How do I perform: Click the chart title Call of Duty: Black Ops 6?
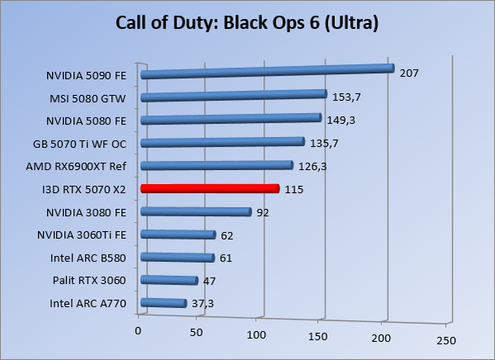[247, 23]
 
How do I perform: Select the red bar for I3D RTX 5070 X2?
[210, 189]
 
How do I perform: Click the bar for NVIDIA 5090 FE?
[266, 71]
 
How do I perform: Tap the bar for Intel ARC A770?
[163, 304]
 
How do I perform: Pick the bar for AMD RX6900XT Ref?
[216, 166]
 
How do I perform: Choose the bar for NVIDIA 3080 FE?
[196, 212]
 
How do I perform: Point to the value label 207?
[409, 73]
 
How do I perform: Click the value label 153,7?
[347, 97]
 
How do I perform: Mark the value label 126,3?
[313, 166]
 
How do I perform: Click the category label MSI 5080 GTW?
[88, 98]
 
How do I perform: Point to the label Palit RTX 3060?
[88, 281]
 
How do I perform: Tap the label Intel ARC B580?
[87, 258]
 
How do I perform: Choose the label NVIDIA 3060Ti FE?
[82, 235]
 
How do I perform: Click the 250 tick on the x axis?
[445, 340]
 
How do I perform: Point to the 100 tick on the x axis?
[257, 334]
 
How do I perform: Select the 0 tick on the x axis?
[138, 331]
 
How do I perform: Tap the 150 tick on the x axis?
[318, 336]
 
